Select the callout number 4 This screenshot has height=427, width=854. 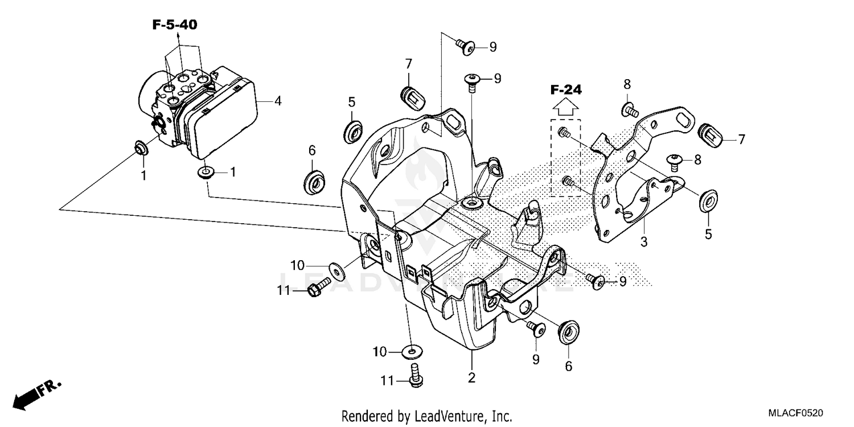277,101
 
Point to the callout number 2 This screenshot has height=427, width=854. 471,376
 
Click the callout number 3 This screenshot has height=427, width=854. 643,242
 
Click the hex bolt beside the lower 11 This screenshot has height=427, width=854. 414,376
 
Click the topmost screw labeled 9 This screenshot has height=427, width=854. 467,46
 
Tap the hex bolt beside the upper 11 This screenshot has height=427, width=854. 319,286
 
